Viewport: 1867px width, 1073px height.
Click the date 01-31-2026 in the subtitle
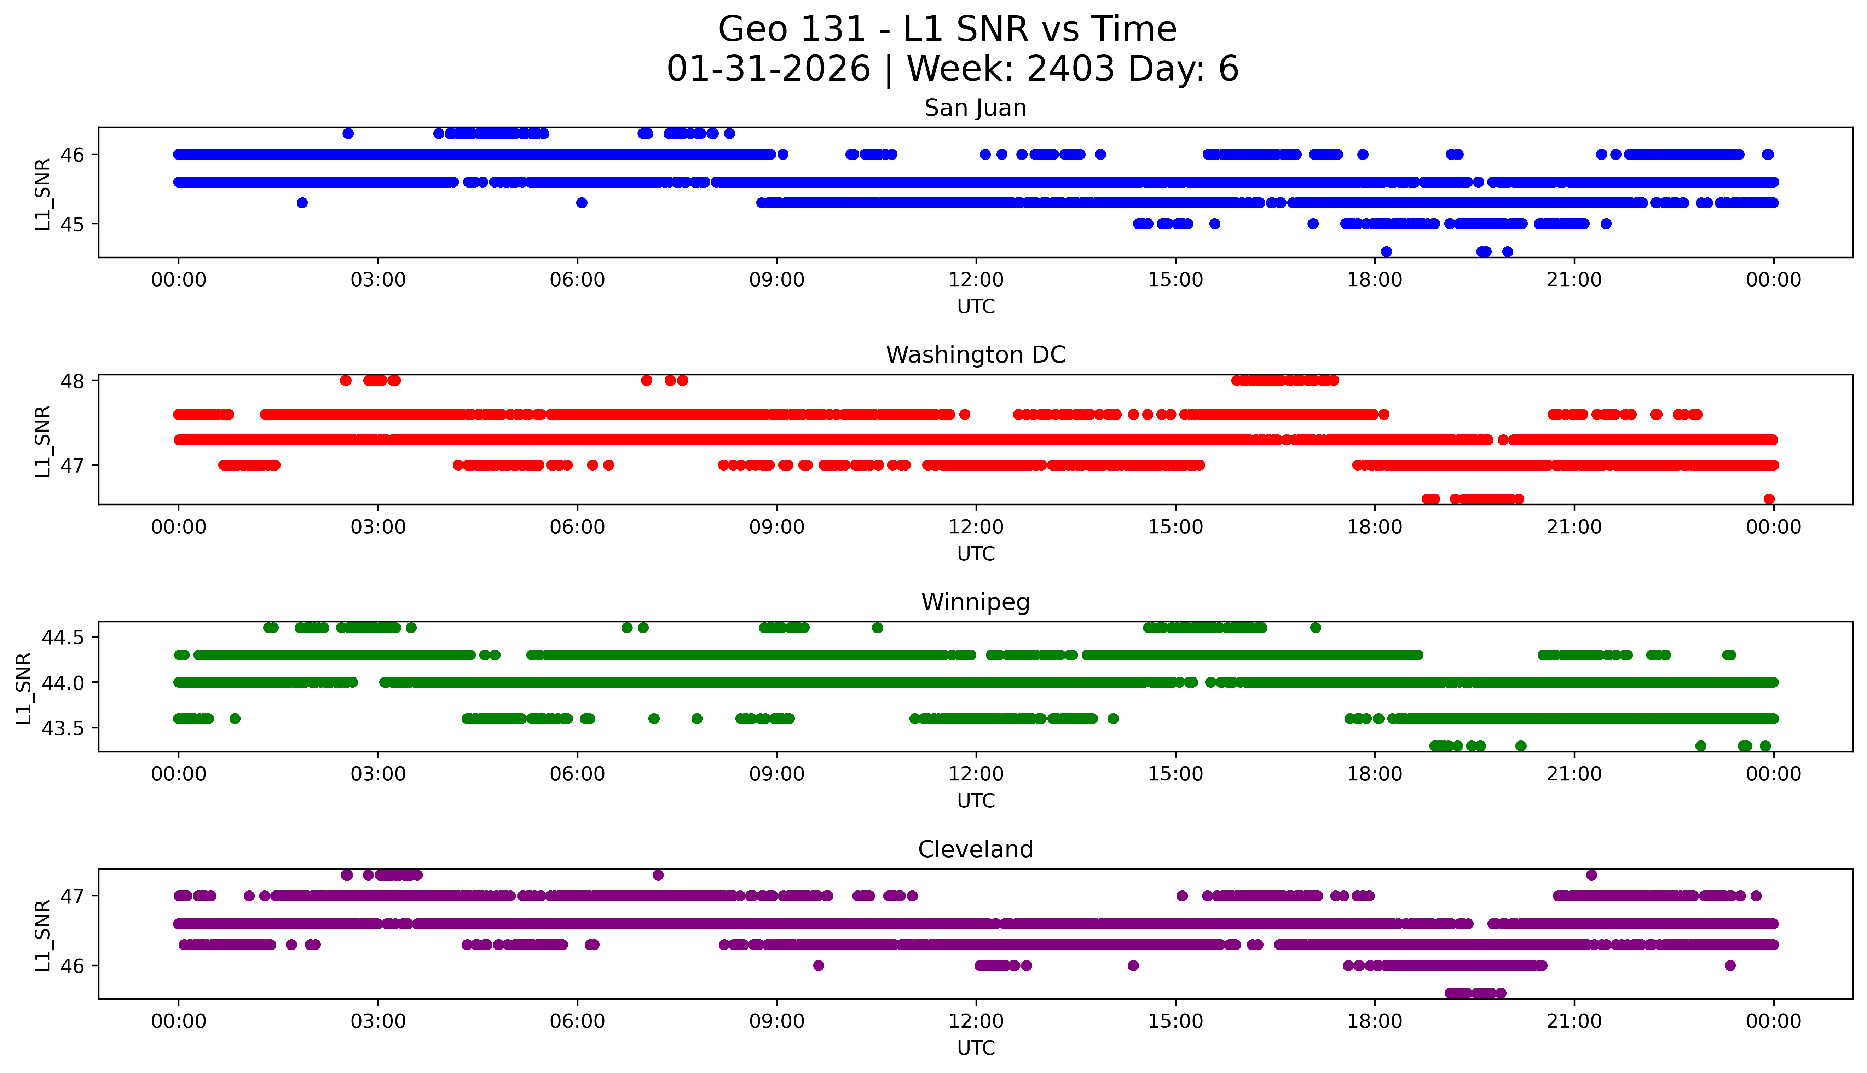point(768,69)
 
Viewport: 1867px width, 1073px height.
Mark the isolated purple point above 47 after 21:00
point(1591,875)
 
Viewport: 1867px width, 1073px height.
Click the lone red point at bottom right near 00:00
point(1769,499)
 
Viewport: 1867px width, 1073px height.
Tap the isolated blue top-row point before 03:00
point(348,133)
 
